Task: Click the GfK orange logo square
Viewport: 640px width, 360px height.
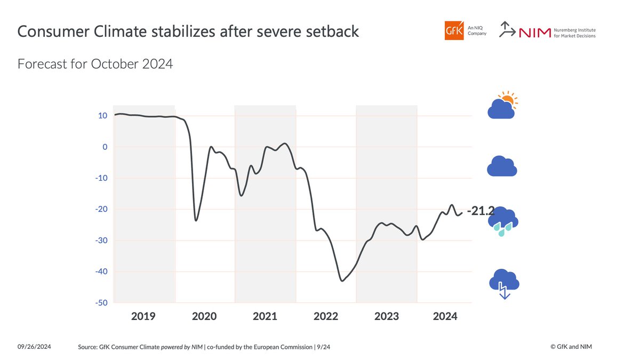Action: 454,30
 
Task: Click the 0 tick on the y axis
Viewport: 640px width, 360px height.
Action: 105,147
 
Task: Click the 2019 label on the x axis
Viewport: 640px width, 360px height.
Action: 143,316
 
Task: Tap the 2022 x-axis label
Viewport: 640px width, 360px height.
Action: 326,316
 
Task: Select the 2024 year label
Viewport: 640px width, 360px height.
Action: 445,316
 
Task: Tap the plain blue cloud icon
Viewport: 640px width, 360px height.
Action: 502,166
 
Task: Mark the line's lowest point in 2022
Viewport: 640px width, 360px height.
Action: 342,281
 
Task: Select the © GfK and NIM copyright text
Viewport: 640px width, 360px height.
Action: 571,347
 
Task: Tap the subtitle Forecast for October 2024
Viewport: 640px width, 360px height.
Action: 95,65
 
